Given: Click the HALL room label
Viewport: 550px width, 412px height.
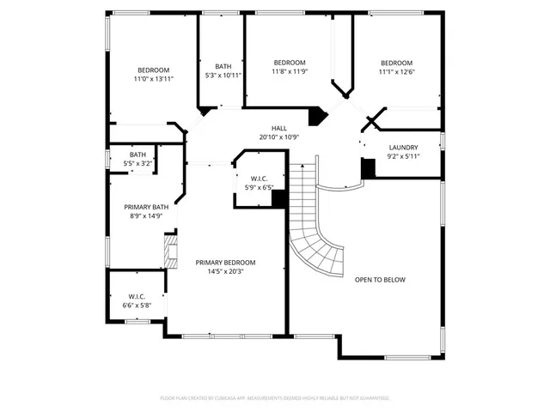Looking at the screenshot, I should [279, 128].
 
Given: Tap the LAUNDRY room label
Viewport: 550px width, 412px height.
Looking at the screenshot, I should [403, 148].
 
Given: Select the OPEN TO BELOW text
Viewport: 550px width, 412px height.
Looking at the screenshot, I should [380, 280].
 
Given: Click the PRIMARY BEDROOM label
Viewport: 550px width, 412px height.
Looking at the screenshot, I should [225, 263].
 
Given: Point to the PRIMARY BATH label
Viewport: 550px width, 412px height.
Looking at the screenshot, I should [146, 207].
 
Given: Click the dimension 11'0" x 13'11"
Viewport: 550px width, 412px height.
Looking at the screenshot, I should [154, 79].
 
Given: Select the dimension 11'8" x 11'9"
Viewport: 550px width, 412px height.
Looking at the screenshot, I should [290, 72].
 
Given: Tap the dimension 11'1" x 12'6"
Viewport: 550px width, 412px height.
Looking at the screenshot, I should [397, 72].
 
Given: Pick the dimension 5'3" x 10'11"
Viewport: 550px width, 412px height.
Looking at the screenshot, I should [223, 76].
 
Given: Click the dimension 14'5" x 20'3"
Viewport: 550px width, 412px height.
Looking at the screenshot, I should [225, 272].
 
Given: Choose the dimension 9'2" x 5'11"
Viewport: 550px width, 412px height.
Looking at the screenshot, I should [403, 156].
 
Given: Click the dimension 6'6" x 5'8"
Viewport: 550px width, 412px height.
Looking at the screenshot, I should [137, 305].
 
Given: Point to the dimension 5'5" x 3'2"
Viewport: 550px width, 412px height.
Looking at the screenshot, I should [137, 163].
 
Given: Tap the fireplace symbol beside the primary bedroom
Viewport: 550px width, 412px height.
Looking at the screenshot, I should [170, 252].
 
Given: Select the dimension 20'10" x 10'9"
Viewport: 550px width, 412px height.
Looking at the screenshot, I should [279, 137].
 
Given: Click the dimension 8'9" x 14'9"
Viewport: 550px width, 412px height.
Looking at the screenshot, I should [146, 216].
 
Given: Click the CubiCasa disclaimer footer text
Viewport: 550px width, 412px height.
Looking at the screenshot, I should [275, 398].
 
